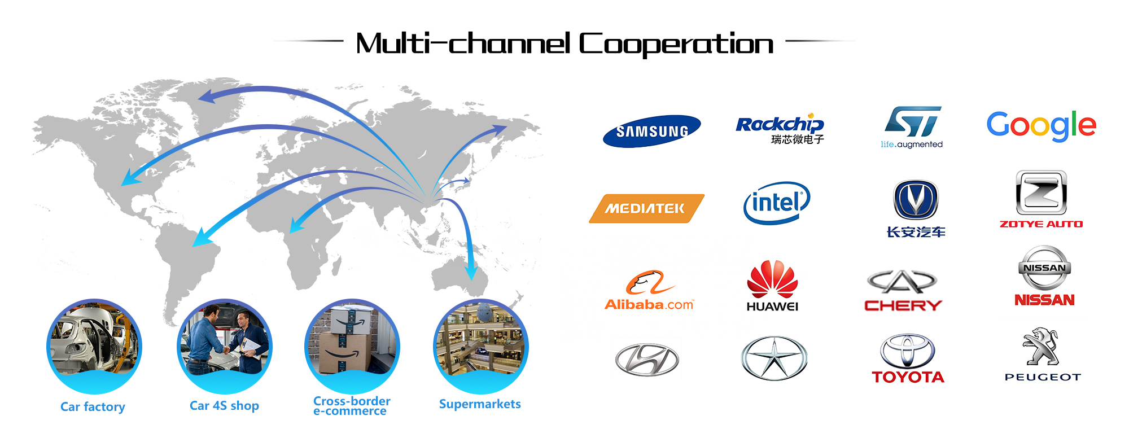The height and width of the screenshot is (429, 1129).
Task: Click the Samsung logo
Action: tap(651, 131)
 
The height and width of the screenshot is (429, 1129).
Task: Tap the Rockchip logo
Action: tap(780, 129)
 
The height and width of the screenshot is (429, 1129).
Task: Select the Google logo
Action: tap(1041, 125)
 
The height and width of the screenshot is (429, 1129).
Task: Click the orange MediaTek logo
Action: tap(646, 208)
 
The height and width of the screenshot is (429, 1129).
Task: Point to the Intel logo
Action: tap(777, 203)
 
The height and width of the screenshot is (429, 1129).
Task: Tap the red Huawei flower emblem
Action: tap(772, 278)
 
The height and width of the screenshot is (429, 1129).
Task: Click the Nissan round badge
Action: tap(1044, 268)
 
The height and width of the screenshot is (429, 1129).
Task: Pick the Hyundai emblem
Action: tap(647, 359)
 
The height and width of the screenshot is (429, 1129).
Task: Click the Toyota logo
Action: tap(908, 358)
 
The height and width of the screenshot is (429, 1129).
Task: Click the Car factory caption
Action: tap(93, 406)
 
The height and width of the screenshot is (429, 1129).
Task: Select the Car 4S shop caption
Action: tap(224, 405)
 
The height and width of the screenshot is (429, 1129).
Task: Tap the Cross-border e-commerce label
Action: tap(352, 406)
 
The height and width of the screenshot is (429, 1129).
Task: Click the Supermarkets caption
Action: tap(480, 404)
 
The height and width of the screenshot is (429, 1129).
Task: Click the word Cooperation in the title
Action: tap(676, 44)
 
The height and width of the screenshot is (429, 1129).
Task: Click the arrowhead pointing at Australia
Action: tap(471, 273)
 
